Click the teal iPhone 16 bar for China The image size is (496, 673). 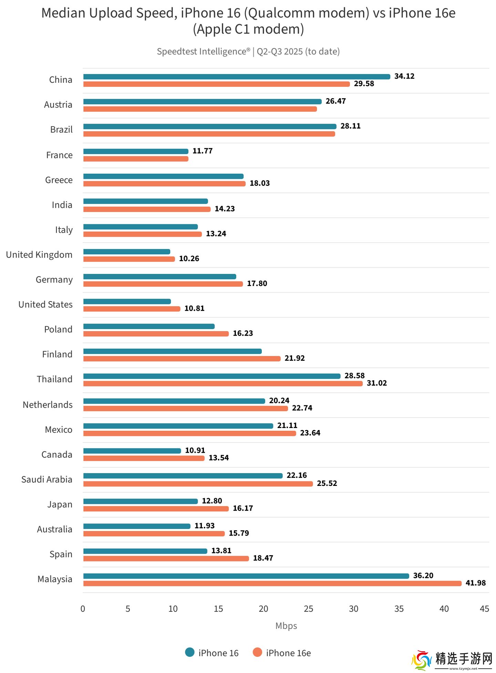click(237, 77)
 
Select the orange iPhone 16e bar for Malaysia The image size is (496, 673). click(272, 583)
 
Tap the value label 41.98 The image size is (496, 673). click(475, 583)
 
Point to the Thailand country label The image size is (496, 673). click(55, 379)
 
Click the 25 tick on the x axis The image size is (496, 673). click(308, 609)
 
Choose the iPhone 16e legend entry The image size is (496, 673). click(282, 653)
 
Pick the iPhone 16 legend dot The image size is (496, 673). click(190, 652)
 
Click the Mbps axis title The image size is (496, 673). click(286, 626)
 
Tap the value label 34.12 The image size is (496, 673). click(404, 76)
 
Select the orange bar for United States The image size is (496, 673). click(132, 309)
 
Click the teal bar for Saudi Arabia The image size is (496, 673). click(183, 476)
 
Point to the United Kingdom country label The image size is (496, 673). click(39, 255)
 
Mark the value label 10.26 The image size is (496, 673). click(189, 258)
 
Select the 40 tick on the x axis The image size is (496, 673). click(444, 609)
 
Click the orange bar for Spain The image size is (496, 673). click(166, 558)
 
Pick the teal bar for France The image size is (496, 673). click(136, 151)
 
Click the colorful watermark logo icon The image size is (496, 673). click(421, 660)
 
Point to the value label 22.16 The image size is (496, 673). click(297, 475)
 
